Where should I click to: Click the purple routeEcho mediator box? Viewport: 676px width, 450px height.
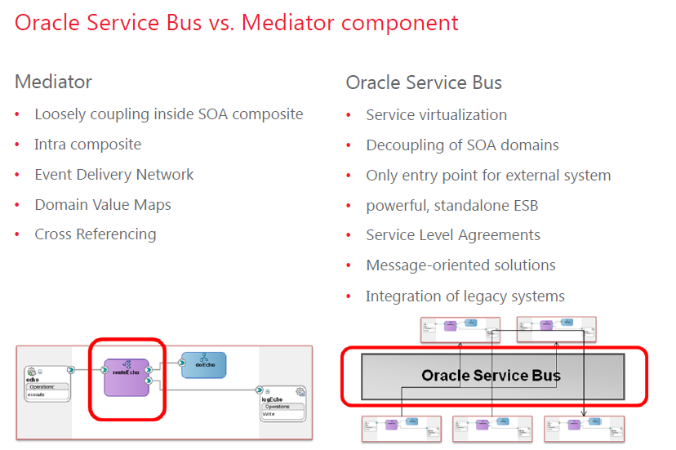click(x=127, y=377)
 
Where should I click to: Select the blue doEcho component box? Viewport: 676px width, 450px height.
click(x=202, y=365)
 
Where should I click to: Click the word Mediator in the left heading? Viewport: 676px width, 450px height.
click(x=53, y=82)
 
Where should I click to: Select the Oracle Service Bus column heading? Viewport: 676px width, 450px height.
click(x=424, y=82)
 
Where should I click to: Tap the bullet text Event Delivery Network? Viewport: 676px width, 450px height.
click(x=113, y=174)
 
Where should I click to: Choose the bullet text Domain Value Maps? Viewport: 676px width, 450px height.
click(x=103, y=204)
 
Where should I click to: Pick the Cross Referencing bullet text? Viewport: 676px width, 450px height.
click(x=95, y=234)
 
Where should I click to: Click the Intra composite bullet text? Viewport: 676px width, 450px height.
click(x=87, y=145)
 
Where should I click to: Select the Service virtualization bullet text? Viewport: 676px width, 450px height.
click(x=436, y=115)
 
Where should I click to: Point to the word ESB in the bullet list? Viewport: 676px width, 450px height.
click(x=523, y=205)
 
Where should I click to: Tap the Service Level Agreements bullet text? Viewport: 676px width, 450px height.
click(x=452, y=235)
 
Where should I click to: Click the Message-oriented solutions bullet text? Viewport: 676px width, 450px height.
click(x=460, y=265)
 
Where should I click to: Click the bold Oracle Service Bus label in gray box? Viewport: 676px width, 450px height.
click(x=491, y=376)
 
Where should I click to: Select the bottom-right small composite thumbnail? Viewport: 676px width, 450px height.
click(x=584, y=428)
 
